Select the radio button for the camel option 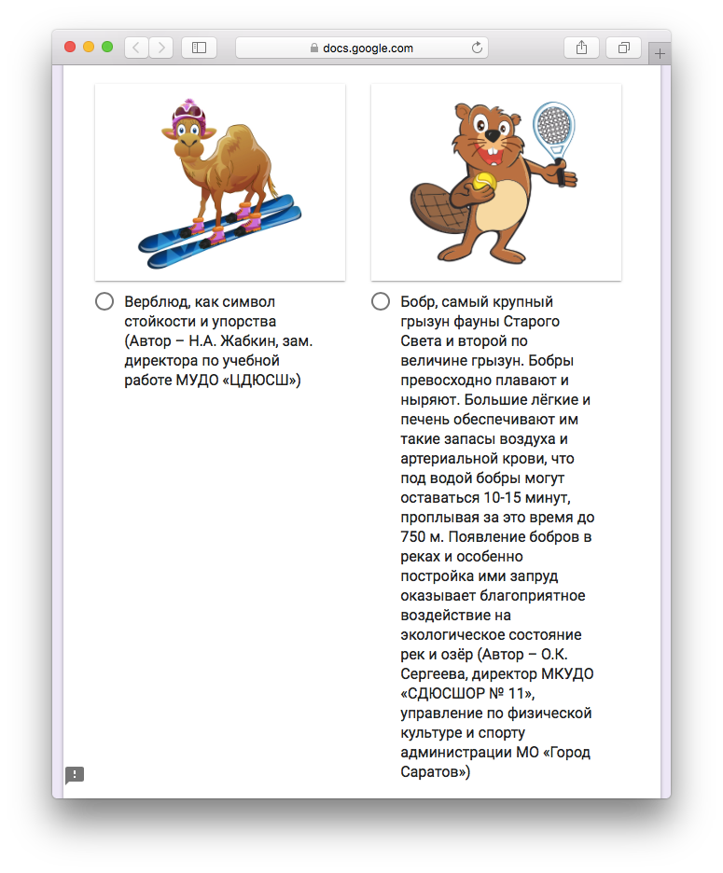pos(104,301)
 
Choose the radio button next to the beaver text pos(381,301)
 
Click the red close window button pos(70,48)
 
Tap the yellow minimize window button pos(89,48)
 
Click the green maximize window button pos(107,48)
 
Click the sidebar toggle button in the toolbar pos(199,48)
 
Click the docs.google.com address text pos(368,48)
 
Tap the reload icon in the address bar pos(478,48)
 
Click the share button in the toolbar pos(581,48)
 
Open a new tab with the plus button pos(660,54)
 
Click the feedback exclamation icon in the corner pos(75,775)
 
